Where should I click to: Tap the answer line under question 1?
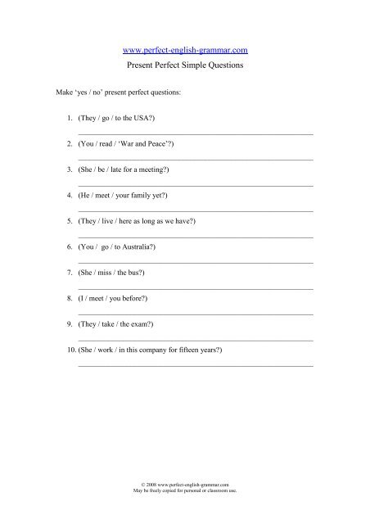point(195,133)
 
